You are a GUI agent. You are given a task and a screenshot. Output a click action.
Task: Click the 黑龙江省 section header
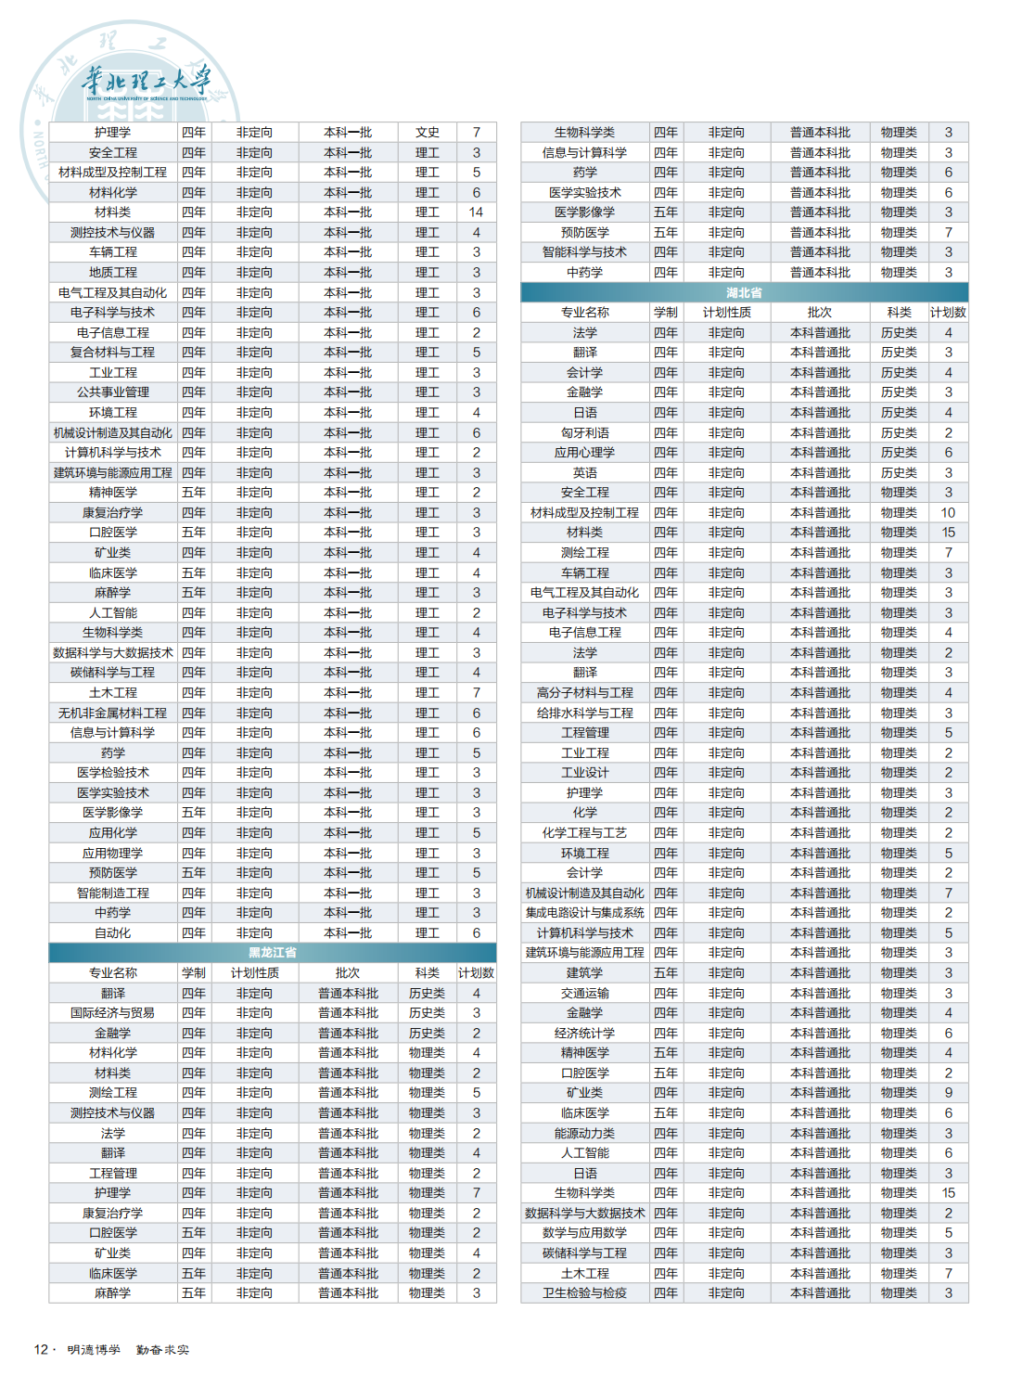272,953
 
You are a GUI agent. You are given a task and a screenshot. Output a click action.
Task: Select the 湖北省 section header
744,292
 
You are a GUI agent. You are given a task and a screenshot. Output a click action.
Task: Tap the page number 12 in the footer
41,1349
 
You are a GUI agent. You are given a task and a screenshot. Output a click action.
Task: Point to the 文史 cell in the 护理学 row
427,133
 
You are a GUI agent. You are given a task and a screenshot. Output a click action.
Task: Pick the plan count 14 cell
476,212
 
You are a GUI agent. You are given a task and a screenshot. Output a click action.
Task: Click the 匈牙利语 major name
584,432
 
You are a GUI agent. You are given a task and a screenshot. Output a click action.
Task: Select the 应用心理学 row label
584,453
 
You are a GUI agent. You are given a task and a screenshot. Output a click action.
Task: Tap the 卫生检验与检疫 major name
584,1293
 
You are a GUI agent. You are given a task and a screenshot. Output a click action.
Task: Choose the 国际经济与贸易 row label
112,1013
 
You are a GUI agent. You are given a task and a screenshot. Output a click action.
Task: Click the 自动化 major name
112,933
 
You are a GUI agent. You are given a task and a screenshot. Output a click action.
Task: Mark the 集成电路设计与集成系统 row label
584,913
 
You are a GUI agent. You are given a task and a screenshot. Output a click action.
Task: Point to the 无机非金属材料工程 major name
112,713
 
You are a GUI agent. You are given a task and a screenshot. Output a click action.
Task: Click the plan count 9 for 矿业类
948,1093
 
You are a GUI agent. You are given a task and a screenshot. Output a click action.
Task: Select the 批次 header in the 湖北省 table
819,313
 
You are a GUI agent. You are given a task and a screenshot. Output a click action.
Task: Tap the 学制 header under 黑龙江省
194,973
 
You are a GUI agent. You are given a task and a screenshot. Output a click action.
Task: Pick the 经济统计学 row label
584,1034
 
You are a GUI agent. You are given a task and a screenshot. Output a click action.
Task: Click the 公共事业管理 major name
112,392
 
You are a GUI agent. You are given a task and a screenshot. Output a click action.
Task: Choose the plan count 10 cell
948,513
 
